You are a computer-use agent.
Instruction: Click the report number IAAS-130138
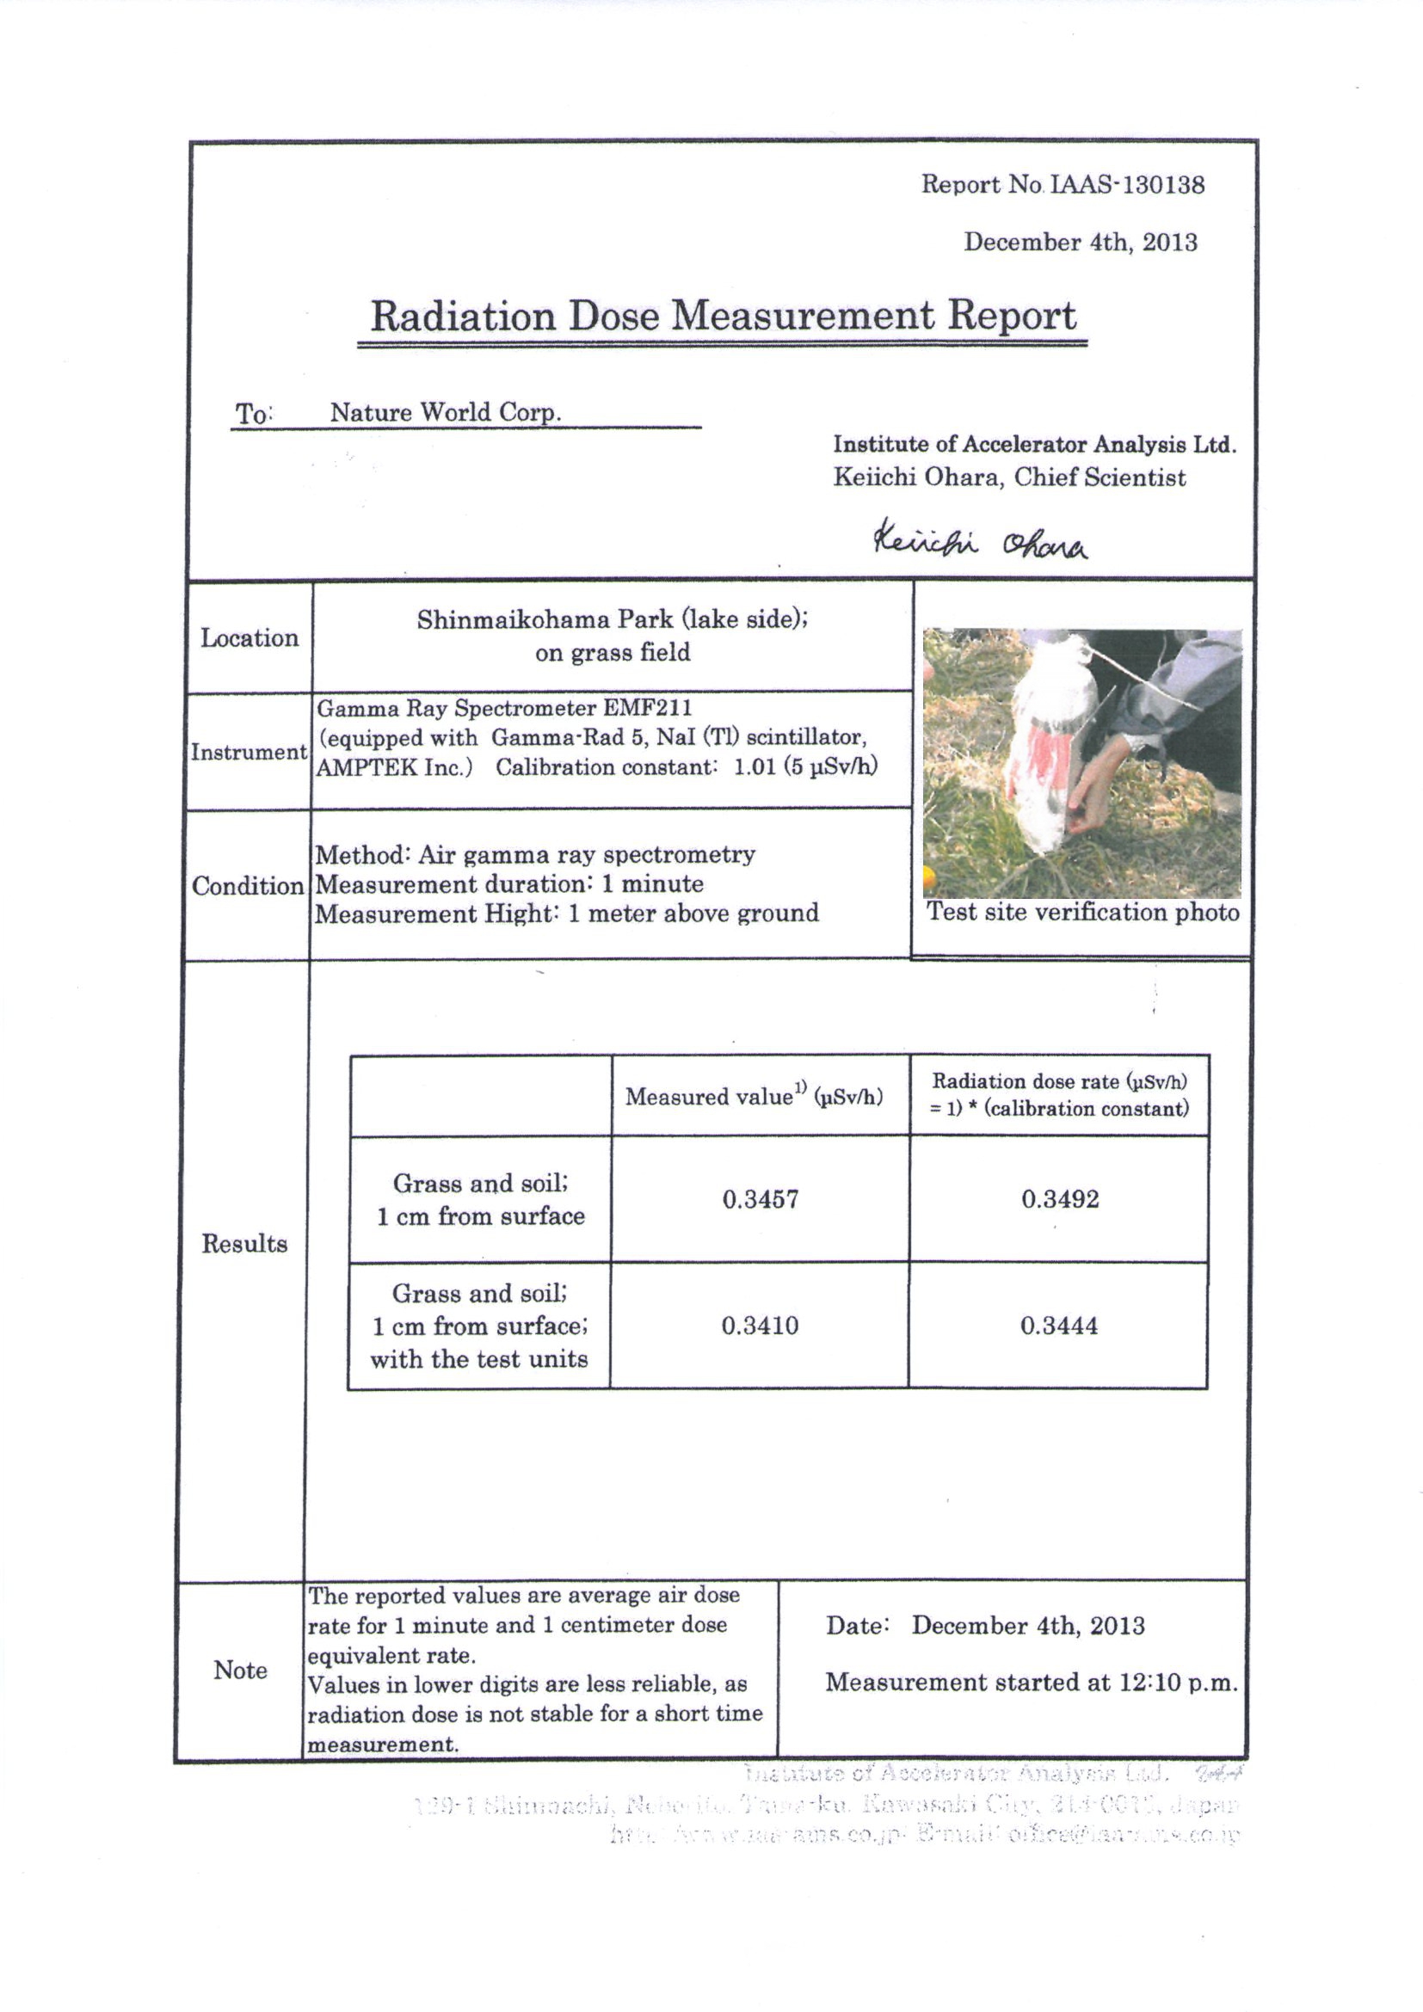pos(1127,185)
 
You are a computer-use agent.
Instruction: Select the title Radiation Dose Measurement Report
pos(723,317)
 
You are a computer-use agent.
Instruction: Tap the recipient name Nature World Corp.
pos(445,412)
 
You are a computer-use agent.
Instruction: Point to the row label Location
pos(249,638)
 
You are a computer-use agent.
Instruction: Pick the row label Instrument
pos(249,752)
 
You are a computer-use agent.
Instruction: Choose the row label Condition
pos(248,886)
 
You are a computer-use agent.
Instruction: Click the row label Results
pos(244,1244)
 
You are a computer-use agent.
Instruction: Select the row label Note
pos(240,1671)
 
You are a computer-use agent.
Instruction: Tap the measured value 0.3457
pos(761,1199)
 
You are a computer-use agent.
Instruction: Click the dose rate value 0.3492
pos(1059,1199)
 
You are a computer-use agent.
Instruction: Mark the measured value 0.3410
pos(760,1325)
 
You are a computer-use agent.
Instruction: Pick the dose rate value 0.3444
pos(1058,1325)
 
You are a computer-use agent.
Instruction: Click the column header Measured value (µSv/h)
pos(754,1096)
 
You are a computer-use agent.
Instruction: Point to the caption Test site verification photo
pos(1083,912)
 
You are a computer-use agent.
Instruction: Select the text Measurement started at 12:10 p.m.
pos(1032,1682)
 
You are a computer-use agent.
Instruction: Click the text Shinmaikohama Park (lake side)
pos(612,619)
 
